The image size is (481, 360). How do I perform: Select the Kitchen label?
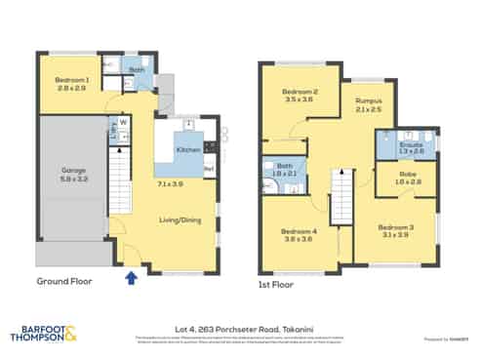coord(188,149)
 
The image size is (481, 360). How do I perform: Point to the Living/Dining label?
coord(180,220)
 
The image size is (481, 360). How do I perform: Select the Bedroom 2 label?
coord(302,92)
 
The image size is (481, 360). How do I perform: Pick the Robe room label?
coord(408,175)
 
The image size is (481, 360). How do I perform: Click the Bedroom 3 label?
coord(397,227)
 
